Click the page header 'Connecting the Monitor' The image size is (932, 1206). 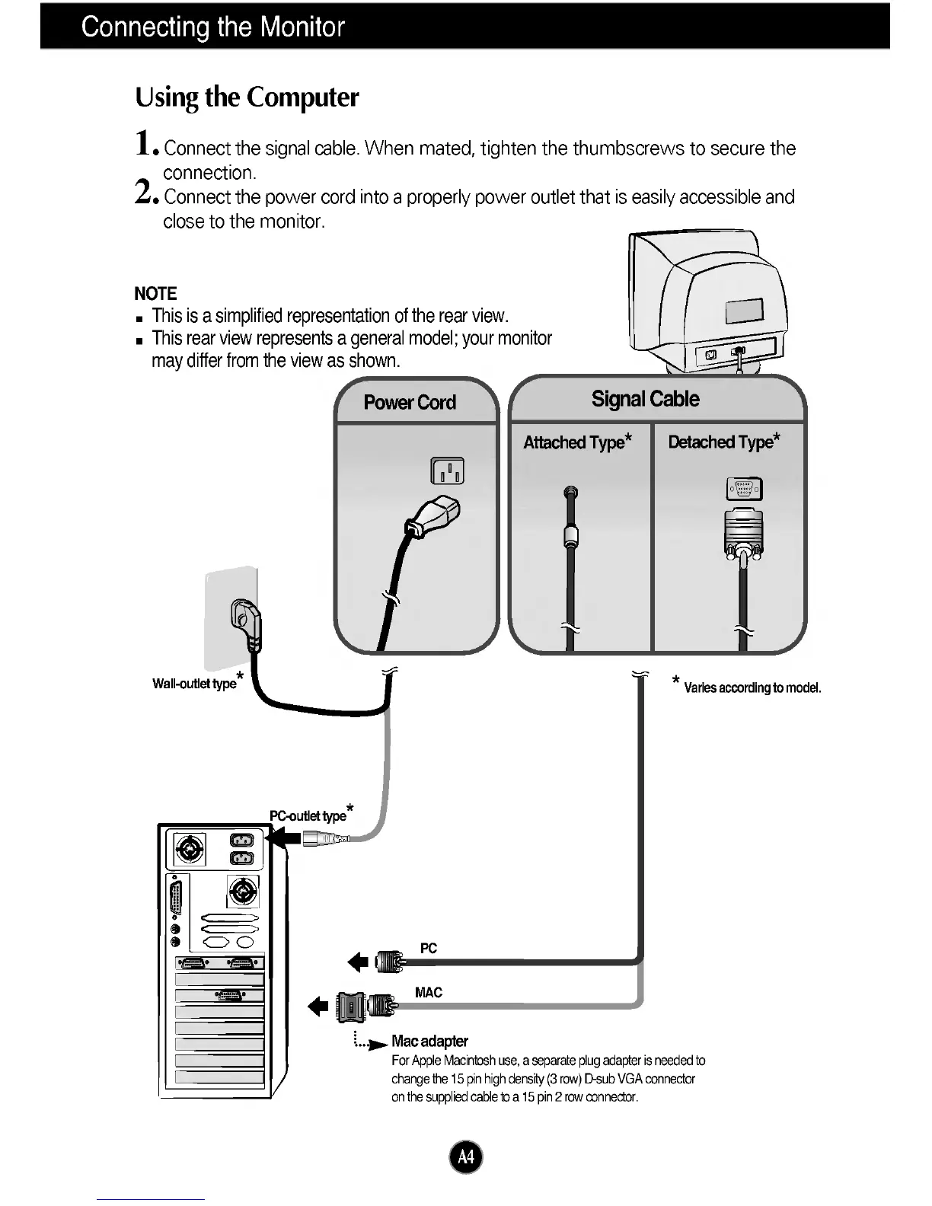click(213, 27)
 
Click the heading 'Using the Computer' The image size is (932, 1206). click(247, 97)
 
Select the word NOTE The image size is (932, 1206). click(155, 294)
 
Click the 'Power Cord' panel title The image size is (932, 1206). click(410, 403)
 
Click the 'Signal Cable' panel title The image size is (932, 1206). click(645, 399)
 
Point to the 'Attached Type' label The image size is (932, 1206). click(577, 442)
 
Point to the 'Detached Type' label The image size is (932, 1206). click(723, 442)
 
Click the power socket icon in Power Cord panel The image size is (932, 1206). click(447, 472)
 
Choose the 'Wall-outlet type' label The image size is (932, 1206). click(195, 684)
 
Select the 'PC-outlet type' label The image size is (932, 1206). click(308, 815)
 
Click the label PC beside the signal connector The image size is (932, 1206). click(429, 948)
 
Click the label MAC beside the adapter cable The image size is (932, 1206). click(429, 993)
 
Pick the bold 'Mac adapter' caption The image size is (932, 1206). click(429, 1041)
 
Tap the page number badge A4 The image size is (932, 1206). click(466, 1158)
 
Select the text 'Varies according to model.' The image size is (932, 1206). click(752, 688)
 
